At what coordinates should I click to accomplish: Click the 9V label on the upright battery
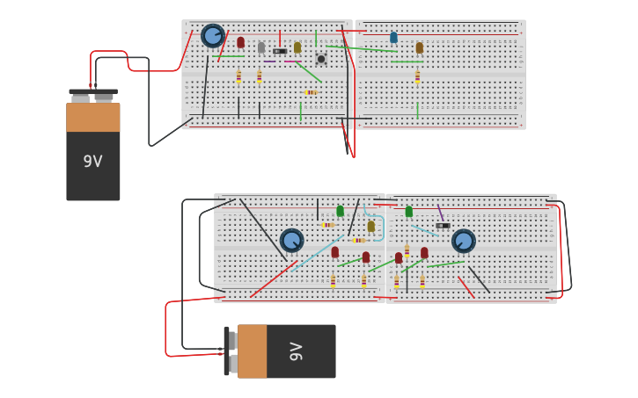(92, 162)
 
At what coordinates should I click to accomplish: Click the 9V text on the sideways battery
(297, 351)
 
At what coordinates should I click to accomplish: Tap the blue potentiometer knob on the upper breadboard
(212, 36)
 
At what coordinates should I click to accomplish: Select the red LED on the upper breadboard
(240, 42)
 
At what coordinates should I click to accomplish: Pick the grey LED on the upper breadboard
(261, 47)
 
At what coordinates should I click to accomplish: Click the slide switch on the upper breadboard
(280, 52)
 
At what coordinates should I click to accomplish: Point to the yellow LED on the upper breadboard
(297, 47)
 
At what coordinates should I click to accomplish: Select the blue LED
(393, 38)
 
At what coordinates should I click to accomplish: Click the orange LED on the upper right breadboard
(419, 47)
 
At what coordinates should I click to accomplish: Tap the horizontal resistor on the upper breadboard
(312, 92)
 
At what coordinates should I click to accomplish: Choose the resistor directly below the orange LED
(417, 76)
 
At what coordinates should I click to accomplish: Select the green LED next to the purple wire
(408, 212)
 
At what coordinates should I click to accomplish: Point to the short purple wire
(440, 213)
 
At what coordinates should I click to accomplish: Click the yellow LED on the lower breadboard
(370, 227)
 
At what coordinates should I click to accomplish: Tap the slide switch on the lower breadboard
(443, 226)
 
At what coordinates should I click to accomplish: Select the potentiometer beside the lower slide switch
(464, 240)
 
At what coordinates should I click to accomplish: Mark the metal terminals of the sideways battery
(231, 351)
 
